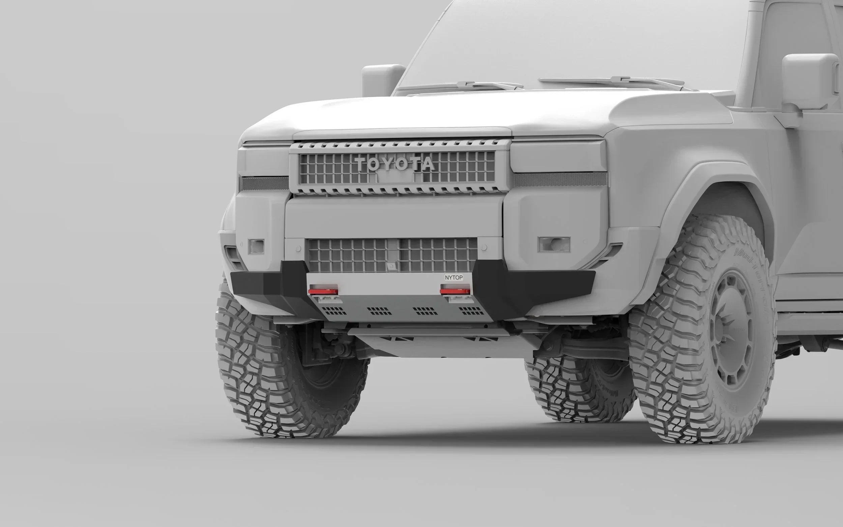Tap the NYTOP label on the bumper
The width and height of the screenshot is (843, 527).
454,278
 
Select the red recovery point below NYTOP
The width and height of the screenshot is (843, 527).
455,290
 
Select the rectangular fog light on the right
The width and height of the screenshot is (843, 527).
554,244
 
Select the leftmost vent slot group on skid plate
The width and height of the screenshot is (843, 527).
337,310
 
